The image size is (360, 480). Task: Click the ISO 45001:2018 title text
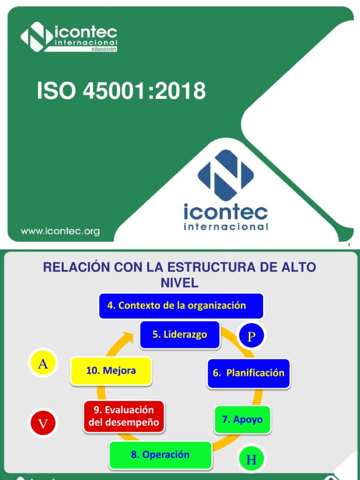tap(121, 91)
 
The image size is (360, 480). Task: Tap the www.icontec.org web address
tap(60, 231)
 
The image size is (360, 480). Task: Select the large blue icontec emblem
tap(225, 175)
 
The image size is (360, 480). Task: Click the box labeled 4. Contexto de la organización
tap(181, 306)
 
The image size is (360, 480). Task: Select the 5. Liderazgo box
tap(180, 335)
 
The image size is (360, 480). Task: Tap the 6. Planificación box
tap(248, 373)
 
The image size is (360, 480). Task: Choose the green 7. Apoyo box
tap(242, 420)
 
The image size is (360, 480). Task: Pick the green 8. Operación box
tap(160, 455)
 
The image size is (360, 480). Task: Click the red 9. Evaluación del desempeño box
tap(124, 416)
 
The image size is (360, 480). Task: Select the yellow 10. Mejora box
tap(111, 371)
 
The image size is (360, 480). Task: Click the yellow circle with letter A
tap(43, 364)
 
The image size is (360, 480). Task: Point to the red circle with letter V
tap(43, 423)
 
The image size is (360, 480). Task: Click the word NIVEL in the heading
tap(180, 283)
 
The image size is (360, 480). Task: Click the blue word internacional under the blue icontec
tap(226, 227)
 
